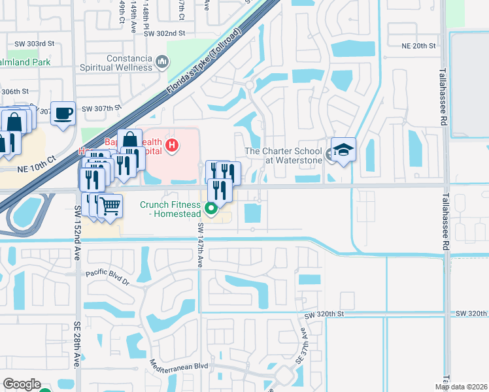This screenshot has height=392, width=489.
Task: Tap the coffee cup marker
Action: [x=63, y=114]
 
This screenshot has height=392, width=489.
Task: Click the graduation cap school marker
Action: [x=343, y=150]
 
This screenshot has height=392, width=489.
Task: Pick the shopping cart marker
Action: [x=110, y=206]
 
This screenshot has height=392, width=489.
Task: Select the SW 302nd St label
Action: [x=165, y=33]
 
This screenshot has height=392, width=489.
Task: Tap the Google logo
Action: [x=22, y=384]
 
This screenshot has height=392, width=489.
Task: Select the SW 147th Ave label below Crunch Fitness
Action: [x=201, y=242]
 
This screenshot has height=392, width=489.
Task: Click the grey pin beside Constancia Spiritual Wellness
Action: [x=162, y=63]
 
